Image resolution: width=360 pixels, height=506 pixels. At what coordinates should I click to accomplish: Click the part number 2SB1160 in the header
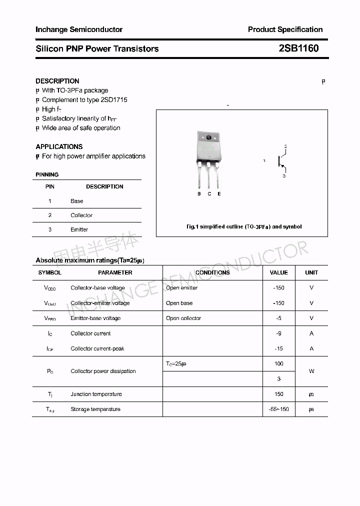[x=298, y=48]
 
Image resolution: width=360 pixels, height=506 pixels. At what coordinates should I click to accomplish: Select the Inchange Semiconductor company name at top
[x=79, y=29]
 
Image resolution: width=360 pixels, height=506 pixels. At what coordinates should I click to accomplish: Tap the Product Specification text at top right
[x=285, y=29]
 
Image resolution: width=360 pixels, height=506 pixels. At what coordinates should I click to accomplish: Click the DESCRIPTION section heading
[x=57, y=81]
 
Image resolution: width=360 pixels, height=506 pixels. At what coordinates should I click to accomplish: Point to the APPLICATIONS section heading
[x=59, y=146]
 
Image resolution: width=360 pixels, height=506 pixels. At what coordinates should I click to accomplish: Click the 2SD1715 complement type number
[x=114, y=99]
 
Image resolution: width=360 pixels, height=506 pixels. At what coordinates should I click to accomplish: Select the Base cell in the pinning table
[x=77, y=201]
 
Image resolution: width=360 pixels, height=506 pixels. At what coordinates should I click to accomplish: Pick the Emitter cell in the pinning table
[x=79, y=229]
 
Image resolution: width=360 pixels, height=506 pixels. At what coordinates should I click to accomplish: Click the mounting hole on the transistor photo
[x=208, y=137]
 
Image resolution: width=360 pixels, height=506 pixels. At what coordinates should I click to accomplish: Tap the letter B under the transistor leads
[x=199, y=193]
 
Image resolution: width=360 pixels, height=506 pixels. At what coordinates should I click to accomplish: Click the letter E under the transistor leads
[x=219, y=193]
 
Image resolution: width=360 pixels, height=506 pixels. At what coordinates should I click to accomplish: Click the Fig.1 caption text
[x=244, y=226]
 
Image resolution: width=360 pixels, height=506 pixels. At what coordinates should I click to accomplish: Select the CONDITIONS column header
[x=212, y=272]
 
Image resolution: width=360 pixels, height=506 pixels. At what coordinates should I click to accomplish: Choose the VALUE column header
[x=278, y=272]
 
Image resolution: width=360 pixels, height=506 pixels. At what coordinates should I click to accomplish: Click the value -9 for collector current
[x=278, y=333]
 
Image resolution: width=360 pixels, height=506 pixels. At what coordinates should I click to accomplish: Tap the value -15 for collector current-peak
[x=278, y=348]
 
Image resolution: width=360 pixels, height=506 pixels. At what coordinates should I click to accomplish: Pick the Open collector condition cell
[x=183, y=318]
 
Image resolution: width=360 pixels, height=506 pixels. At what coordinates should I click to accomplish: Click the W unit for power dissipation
[x=311, y=371]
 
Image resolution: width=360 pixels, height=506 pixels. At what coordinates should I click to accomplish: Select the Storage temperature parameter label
[x=95, y=409]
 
